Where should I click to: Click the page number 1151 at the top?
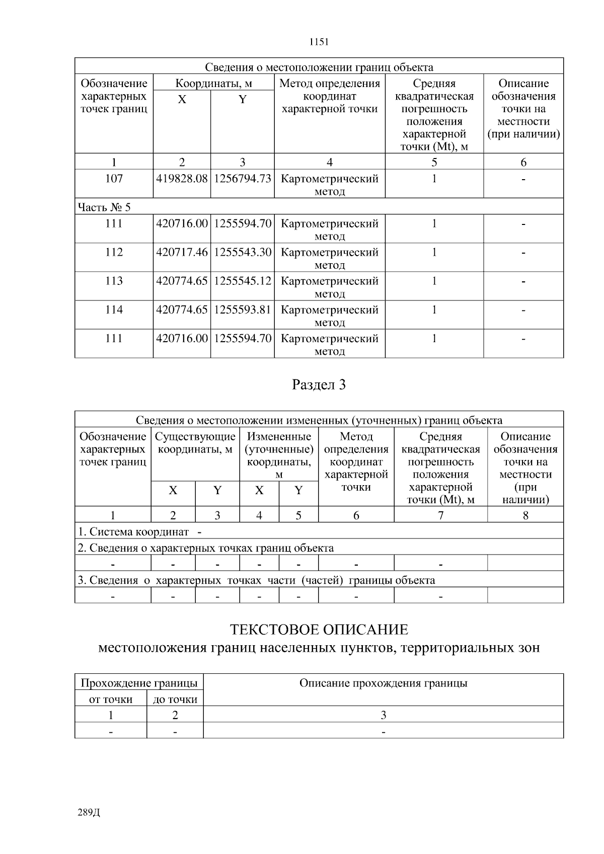pyautogui.click(x=319, y=42)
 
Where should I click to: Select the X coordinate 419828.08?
pyautogui.click(x=182, y=179)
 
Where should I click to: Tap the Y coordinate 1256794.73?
pyautogui.click(x=243, y=179)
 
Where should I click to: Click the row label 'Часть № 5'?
pyautogui.click(x=104, y=207)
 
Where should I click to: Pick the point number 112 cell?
pyautogui.click(x=114, y=252)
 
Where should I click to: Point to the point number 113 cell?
pyautogui.click(x=114, y=281)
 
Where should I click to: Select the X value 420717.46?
pyautogui.click(x=182, y=252)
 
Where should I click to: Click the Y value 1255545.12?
pyautogui.click(x=243, y=281)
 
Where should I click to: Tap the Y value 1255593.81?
pyautogui.click(x=243, y=309)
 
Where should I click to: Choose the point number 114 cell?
pyautogui.click(x=114, y=309)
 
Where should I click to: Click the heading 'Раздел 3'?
pyautogui.click(x=319, y=385)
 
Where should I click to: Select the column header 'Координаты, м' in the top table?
pyautogui.click(x=213, y=84)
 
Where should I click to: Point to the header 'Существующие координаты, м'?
pyautogui.click(x=195, y=443)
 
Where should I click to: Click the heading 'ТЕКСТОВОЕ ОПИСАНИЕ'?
pyautogui.click(x=319, y=630)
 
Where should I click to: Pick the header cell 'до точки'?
pyautogui.click(x=175, y=699)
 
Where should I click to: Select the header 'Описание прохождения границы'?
pyautogui.click(x=383, y=683)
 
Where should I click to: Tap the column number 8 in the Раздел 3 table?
pyautogui.click(x=525, y=515)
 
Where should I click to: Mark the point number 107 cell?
pyautogui.click(x=114, y=179)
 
